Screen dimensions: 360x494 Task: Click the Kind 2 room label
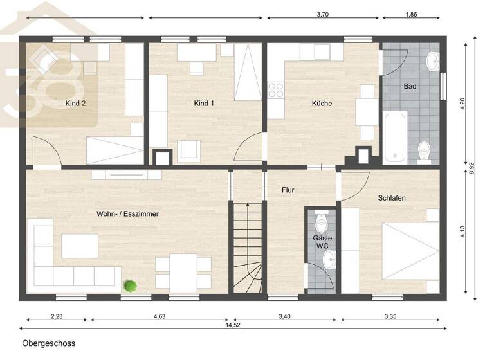coord(75,103)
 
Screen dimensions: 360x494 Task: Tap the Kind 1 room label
coord(203,103)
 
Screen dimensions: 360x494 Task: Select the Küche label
coord(322,103)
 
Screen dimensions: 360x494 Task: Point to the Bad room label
coord(410,86)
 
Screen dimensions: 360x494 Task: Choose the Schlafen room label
coord(392,199)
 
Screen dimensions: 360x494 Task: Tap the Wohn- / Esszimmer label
coord(127,214)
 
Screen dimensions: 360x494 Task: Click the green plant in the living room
coord(130,285)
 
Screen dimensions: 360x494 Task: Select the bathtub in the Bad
coord(394,137)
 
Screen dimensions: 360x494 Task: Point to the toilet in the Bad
coord(424,150)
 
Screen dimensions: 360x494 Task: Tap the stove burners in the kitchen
coord(276,91)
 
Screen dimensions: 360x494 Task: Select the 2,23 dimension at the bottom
coord(57,316)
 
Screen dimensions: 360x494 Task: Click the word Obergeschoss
coord(48,343)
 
